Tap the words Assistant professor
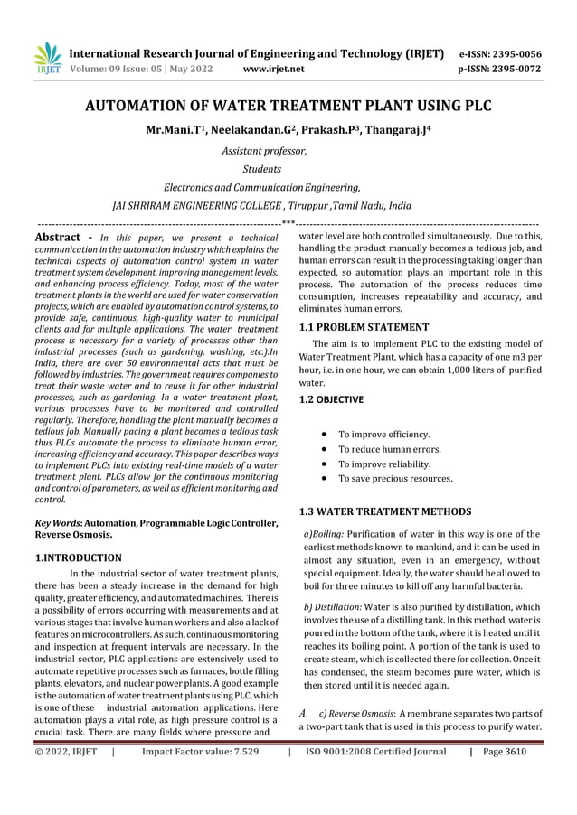click(265, 151)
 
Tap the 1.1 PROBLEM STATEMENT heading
click(364, 327)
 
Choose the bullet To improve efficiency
click(383, 435)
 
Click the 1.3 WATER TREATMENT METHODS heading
click(384, 512)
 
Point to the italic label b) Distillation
click(334, 607)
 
